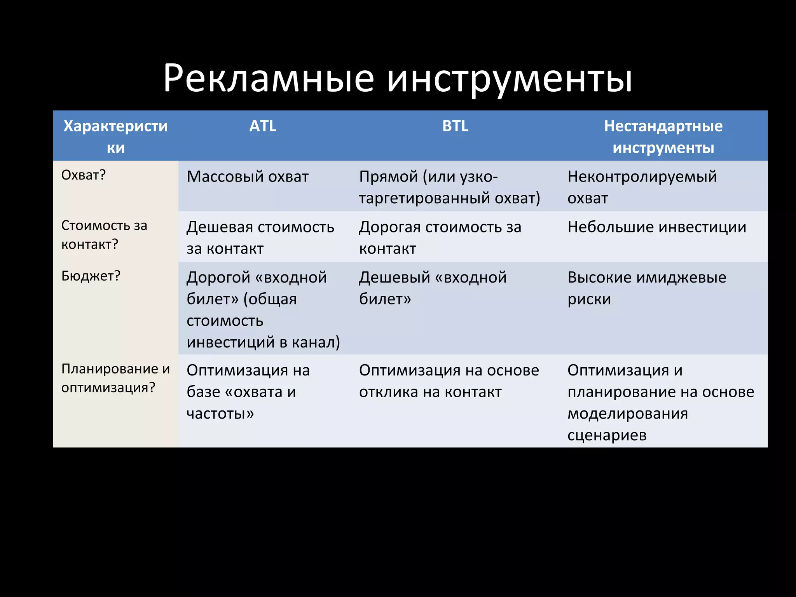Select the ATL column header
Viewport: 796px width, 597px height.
(x=263, y=126)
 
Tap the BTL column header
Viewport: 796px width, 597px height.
(x=455, y=126)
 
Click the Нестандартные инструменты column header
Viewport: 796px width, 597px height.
(x=663, y=137)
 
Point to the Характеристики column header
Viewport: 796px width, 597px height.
(x=115, y=137)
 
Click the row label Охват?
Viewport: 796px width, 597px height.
(x=84, y=175)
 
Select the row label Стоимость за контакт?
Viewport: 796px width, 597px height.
(x=104, y=235)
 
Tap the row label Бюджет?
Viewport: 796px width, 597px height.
(x=91, y=276)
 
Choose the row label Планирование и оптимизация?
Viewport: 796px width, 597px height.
(x=115, y=378)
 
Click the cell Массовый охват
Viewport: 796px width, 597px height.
(x=248, y=177)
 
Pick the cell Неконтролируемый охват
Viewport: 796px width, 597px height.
(x=642, y=187)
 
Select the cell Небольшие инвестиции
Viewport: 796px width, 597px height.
(x=656, y=227)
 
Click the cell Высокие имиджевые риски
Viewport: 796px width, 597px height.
(x=646, y=288)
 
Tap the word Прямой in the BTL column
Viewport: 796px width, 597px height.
(x=388, y=177)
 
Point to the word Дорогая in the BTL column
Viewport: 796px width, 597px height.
(x=389, y=227)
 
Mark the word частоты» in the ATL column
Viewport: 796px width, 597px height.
(x=220, y=414)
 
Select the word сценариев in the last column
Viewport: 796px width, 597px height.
(x=607, y=435)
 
